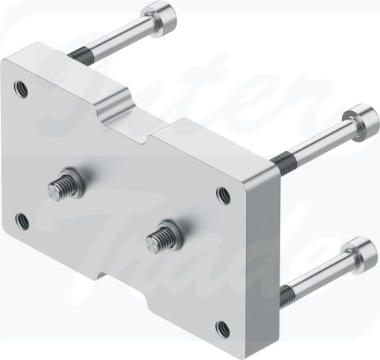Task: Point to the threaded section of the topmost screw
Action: click(77, 55)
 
